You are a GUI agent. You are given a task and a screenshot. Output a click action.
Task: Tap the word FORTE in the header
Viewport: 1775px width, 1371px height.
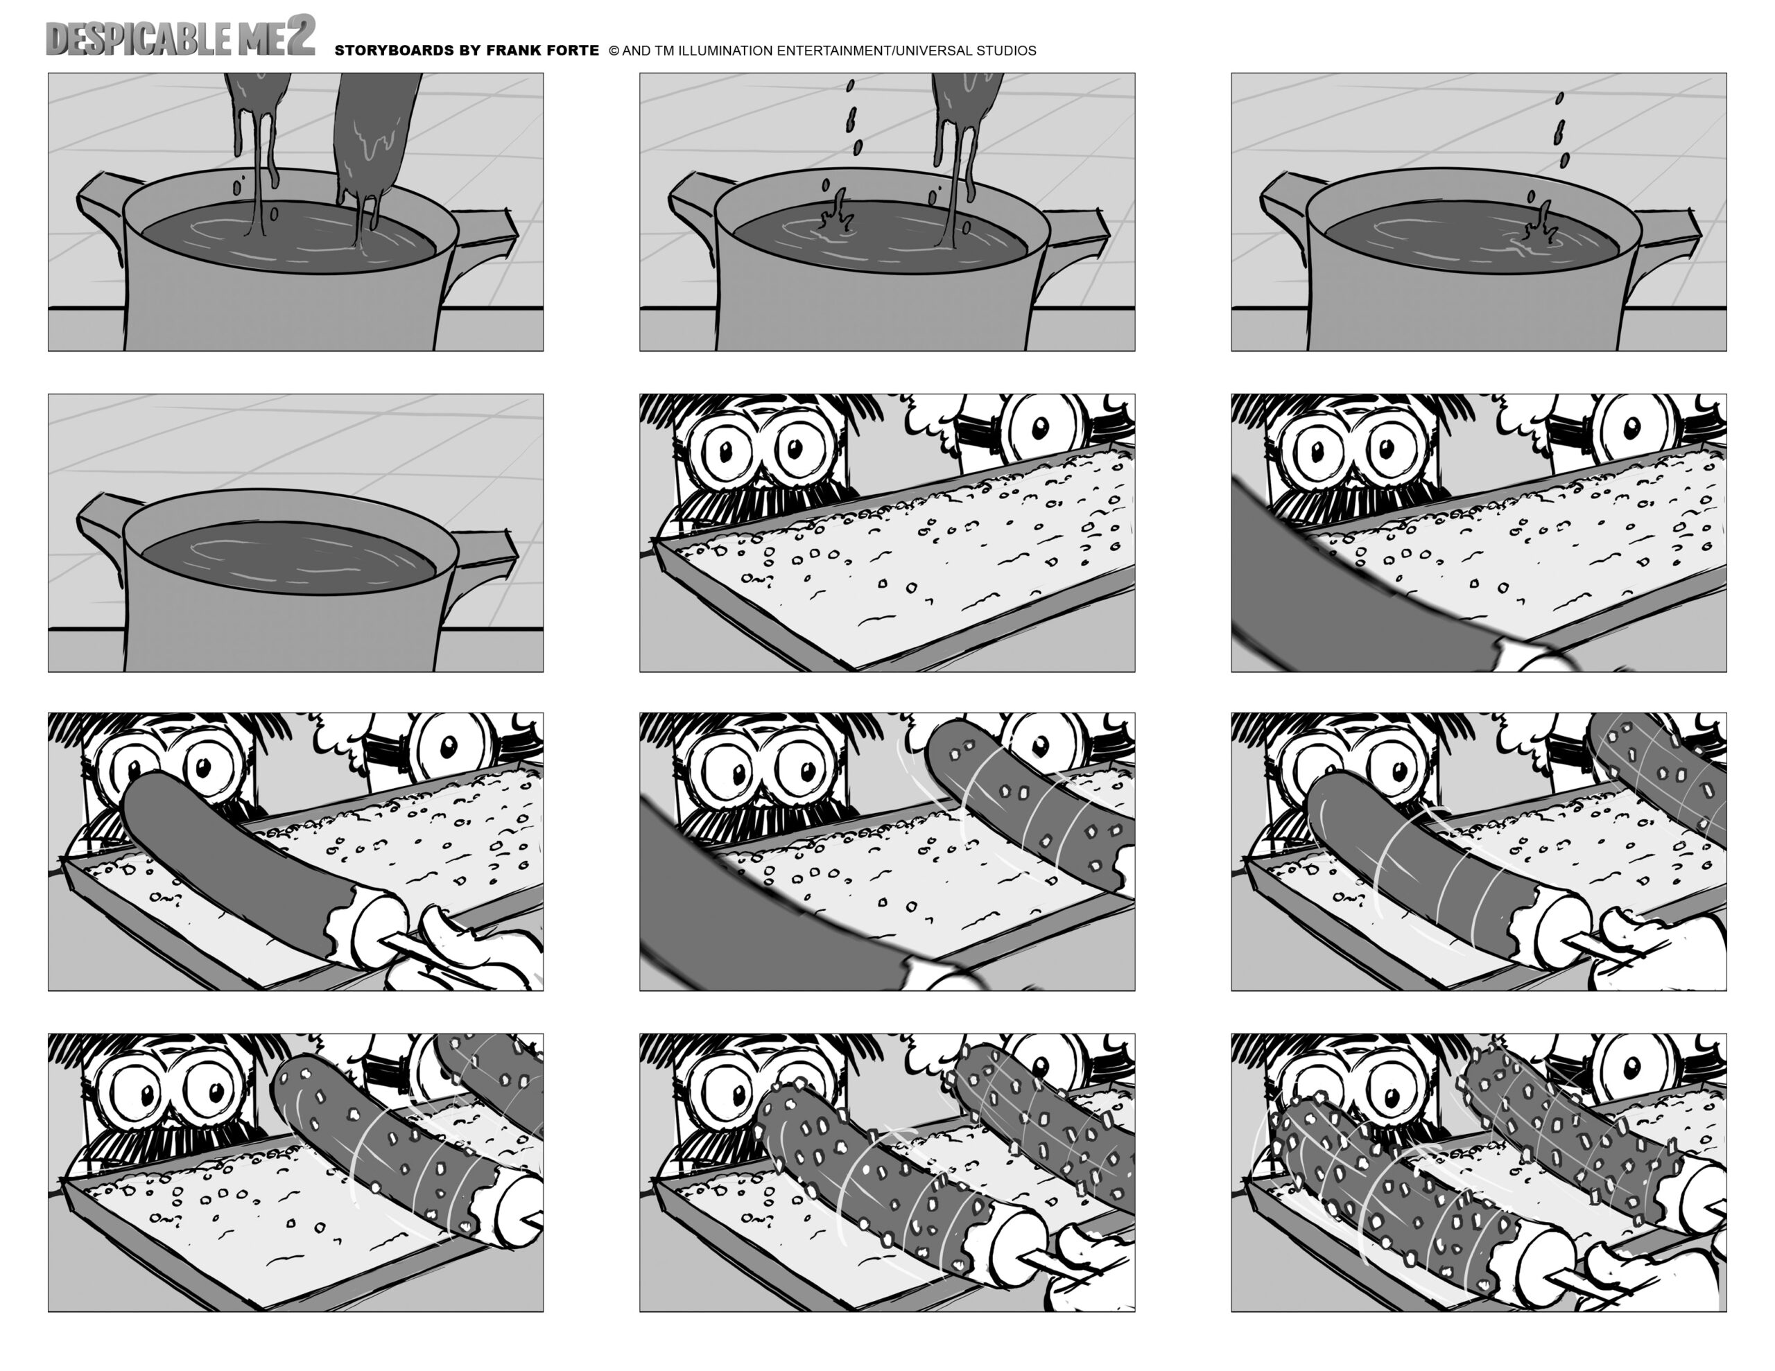tap(573, 51)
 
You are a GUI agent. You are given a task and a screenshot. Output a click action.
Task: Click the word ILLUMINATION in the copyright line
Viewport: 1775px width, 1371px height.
tap(726, 51)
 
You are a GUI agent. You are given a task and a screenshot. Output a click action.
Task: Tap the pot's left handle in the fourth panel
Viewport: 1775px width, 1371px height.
tap(99, 520)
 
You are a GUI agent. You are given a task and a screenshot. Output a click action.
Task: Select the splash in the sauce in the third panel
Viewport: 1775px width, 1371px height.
tap(1538, 228)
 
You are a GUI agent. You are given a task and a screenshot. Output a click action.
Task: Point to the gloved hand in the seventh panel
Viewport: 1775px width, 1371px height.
tap(471, 951)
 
